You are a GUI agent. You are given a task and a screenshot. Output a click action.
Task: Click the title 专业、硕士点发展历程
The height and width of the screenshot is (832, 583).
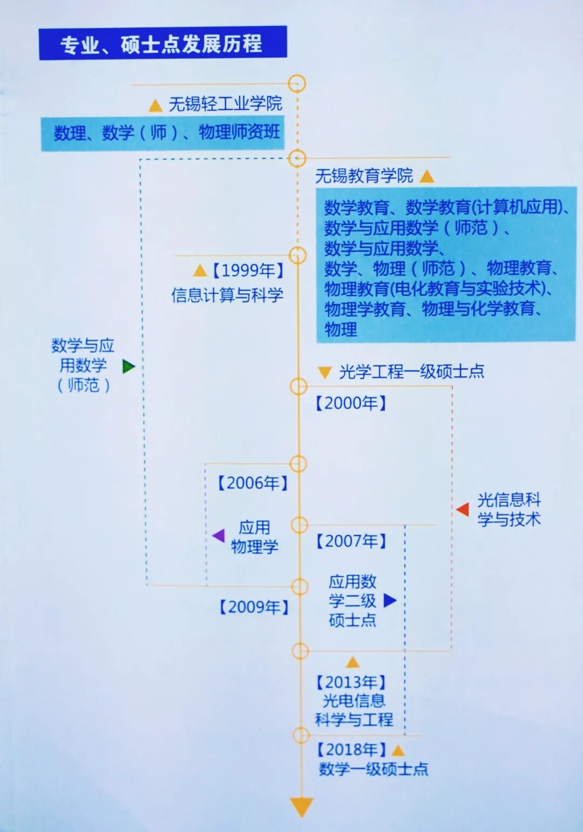162,43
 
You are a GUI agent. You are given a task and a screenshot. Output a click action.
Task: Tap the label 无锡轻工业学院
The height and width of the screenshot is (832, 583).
225,104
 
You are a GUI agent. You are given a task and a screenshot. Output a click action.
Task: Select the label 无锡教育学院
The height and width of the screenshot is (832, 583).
364,176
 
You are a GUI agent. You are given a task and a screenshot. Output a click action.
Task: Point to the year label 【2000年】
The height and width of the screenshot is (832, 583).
351,403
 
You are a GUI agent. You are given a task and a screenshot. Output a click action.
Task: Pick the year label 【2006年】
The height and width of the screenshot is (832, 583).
253,483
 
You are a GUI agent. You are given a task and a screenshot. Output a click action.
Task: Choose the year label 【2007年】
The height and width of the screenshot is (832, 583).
351,541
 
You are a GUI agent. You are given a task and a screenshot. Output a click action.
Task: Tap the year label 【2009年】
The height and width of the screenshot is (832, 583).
254,607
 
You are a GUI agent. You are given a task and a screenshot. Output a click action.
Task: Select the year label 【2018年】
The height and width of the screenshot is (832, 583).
351,750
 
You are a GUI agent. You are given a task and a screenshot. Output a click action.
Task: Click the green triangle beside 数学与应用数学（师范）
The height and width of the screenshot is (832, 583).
128,367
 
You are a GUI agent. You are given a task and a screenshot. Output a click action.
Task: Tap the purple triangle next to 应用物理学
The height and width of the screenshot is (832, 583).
219,535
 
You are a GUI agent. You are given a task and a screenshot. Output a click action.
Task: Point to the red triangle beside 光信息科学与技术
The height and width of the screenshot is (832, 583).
463,509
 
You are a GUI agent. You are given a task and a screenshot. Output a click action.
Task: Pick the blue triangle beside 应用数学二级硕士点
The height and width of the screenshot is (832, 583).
390,600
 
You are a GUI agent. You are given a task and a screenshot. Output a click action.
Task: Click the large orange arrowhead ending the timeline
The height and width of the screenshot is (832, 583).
301,807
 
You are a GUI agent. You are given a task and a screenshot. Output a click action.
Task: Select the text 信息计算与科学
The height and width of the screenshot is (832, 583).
227,295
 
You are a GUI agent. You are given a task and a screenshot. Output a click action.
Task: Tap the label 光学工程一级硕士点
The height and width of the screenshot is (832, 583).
411,372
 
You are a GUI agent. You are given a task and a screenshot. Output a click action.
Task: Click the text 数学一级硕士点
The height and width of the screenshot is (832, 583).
374,769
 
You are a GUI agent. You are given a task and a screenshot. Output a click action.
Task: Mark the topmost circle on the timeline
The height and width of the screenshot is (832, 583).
297,84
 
